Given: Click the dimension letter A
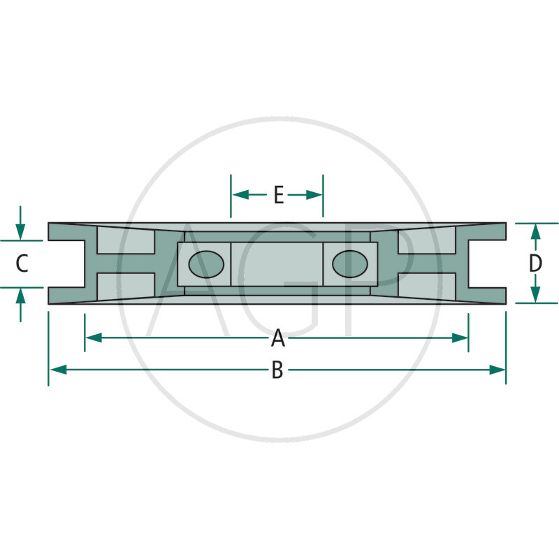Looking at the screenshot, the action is (278, 338).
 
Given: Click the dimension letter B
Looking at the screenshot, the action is (277, 370).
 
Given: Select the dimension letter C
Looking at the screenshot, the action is (22, 264).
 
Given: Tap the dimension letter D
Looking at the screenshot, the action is (535, 263).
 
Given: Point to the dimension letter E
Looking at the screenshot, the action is (278, 195).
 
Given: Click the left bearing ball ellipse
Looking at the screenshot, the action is (206, 264).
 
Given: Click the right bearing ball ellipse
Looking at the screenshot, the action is (350, 264).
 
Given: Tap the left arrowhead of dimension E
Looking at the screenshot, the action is (240, 195).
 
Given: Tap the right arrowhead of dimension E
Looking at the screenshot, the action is (314, 195).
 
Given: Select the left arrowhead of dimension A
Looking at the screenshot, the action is (94, 337).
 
